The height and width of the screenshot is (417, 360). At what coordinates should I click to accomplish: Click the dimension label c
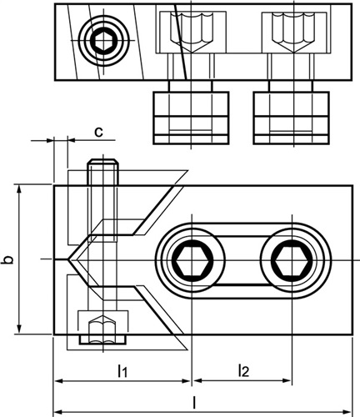(x=98, y=132)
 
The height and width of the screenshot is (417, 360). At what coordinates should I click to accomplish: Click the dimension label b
(x=9, y=259)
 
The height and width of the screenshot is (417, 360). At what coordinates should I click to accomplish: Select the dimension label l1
(x=122, y=370)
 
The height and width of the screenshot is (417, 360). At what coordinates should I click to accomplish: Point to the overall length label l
(x=195, y=402)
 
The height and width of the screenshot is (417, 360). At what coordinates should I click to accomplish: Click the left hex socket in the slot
(x=192, y=260)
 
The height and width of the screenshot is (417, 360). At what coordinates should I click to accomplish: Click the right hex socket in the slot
(x=291, y=261)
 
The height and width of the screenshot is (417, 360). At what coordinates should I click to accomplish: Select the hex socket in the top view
(x=102, y=41)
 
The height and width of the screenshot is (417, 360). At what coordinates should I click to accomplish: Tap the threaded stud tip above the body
(x=102, y=162)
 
